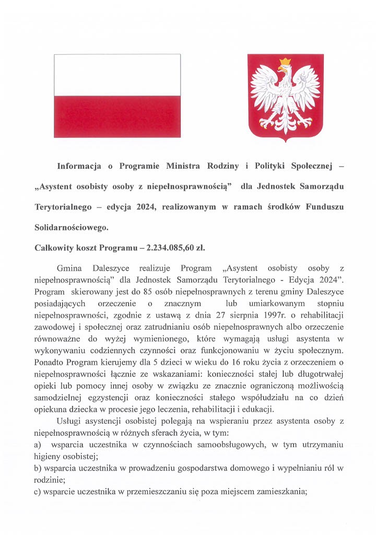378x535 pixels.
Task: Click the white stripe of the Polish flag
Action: pyautogui.click(x=117, y=74)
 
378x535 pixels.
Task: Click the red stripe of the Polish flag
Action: pyautogui.click(x=117, y=116)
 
